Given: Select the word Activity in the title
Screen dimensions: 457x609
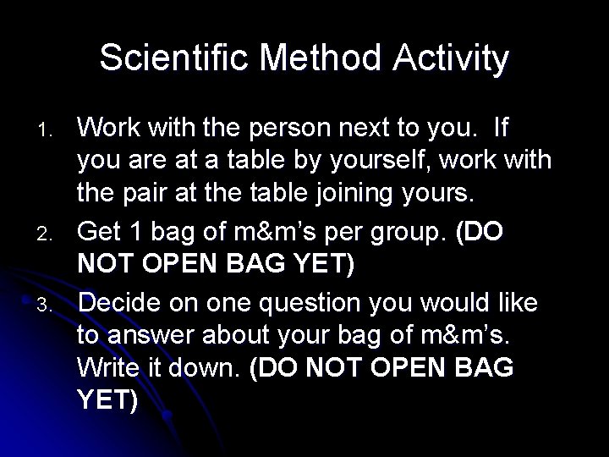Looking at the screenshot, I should click(x=460, y=59).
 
